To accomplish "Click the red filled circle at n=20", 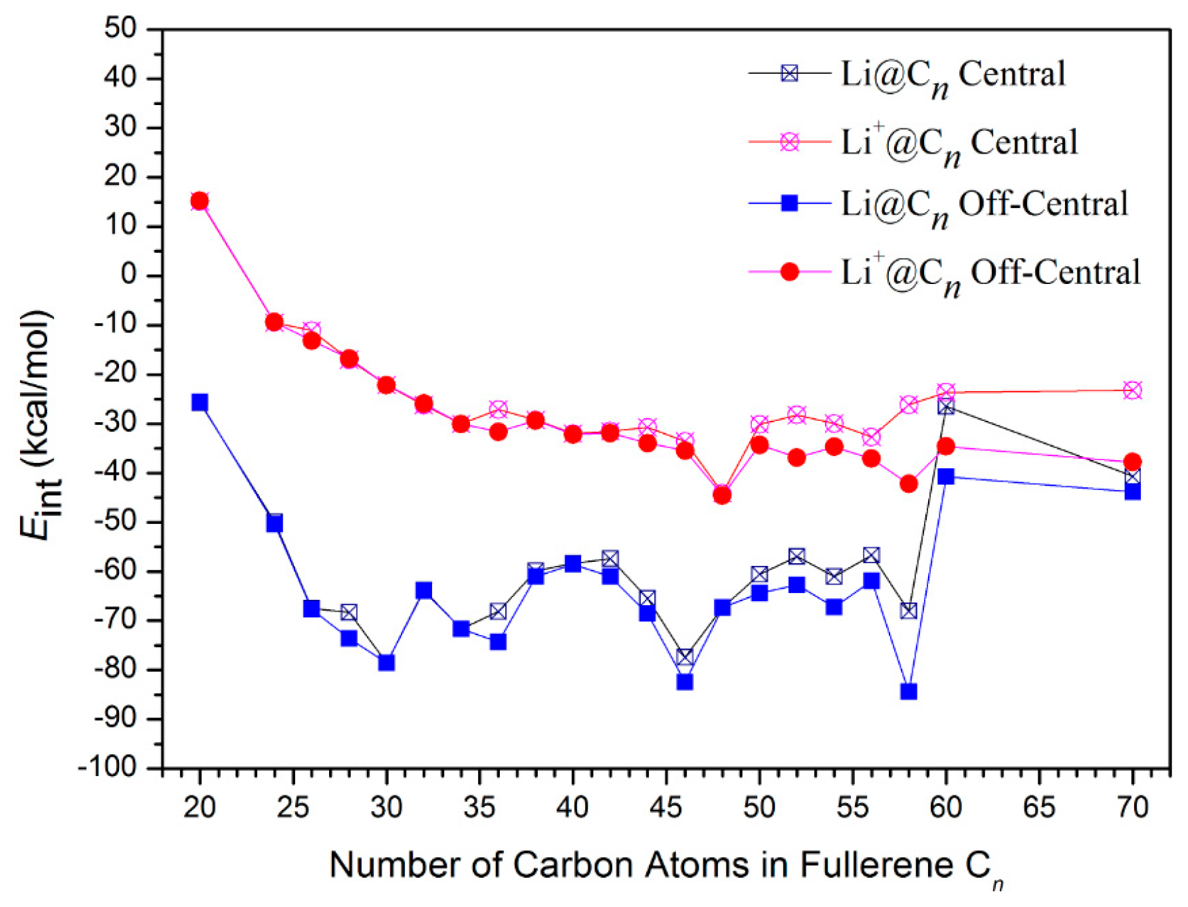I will pos(199,201).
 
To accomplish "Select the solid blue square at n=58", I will pos(908,692).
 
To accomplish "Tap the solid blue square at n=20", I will pos(199,402).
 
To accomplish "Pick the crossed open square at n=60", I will pos(945,406).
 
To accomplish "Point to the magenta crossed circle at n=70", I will pos(1132,390).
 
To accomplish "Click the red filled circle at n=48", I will pos(722,495).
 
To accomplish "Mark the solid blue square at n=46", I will pos(685,682).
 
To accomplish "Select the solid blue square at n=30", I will pos(386,662).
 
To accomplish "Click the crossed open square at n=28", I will pos(349,612).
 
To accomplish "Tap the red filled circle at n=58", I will pos(908,484).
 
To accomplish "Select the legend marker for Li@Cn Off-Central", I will pos(789,203).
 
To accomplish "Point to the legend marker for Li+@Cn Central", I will pos(789,142).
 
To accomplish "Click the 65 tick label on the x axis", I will pos(1038,807).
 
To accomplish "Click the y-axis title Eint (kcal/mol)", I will pos(37,426).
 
